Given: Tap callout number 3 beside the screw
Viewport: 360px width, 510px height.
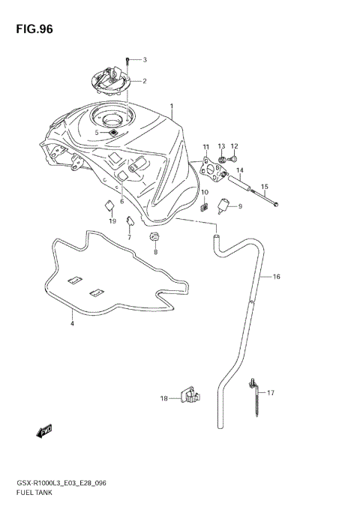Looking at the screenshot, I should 145,59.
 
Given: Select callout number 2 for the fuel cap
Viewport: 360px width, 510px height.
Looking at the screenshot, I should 145,81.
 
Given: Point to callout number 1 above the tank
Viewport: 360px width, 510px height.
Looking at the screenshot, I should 171,106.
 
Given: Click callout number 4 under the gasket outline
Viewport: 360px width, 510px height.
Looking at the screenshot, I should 72,324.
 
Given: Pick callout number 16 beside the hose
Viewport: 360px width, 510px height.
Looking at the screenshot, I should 277,277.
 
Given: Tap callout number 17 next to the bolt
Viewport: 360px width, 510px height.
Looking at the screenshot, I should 271,392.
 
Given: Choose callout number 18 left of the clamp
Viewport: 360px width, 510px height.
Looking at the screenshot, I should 164,399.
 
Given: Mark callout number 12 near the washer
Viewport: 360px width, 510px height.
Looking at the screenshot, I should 235,146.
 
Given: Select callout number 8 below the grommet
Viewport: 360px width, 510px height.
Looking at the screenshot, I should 156,252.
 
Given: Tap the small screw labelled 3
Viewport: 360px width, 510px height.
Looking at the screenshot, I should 128,59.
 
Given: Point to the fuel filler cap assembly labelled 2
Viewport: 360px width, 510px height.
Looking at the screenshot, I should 111,79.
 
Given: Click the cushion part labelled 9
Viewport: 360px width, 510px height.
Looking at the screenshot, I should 224,205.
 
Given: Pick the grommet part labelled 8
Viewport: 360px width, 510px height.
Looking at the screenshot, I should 156,238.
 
